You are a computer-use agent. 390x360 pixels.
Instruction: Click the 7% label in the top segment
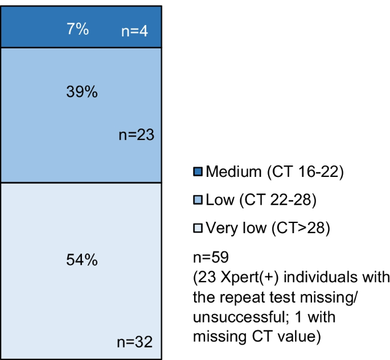(x=77, y=29)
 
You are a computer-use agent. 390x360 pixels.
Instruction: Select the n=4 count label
(x=135, y=31)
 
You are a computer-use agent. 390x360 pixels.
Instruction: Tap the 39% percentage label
(x=82, y=92)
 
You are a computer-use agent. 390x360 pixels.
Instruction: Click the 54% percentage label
(x=82, y=260)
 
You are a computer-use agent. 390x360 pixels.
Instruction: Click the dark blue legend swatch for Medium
(x=198, y=171)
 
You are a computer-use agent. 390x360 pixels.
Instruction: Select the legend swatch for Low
(x=198, y=200)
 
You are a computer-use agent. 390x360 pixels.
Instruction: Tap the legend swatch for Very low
(x=198, y=228)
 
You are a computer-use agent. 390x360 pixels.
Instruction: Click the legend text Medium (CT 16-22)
(x=274, y=171)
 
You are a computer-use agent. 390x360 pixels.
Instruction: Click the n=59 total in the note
(x=211, y=257)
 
